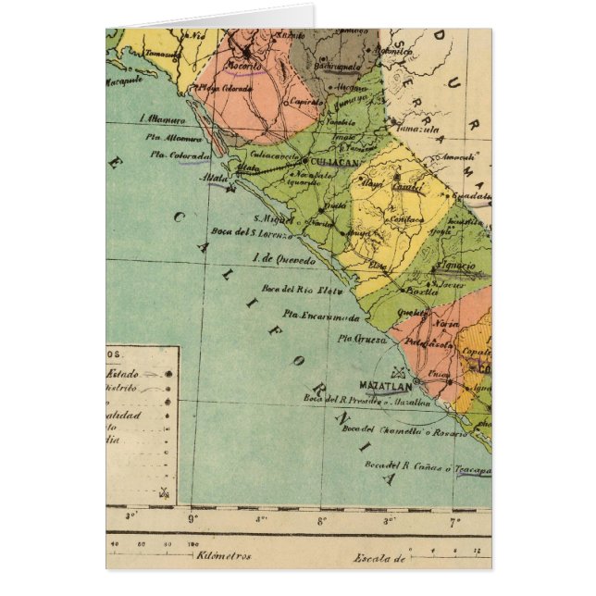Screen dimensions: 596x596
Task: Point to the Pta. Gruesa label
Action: [x=357, y=339]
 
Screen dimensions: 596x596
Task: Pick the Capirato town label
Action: [x=301, y=102]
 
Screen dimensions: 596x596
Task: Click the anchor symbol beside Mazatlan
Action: [x=400, y=372]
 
